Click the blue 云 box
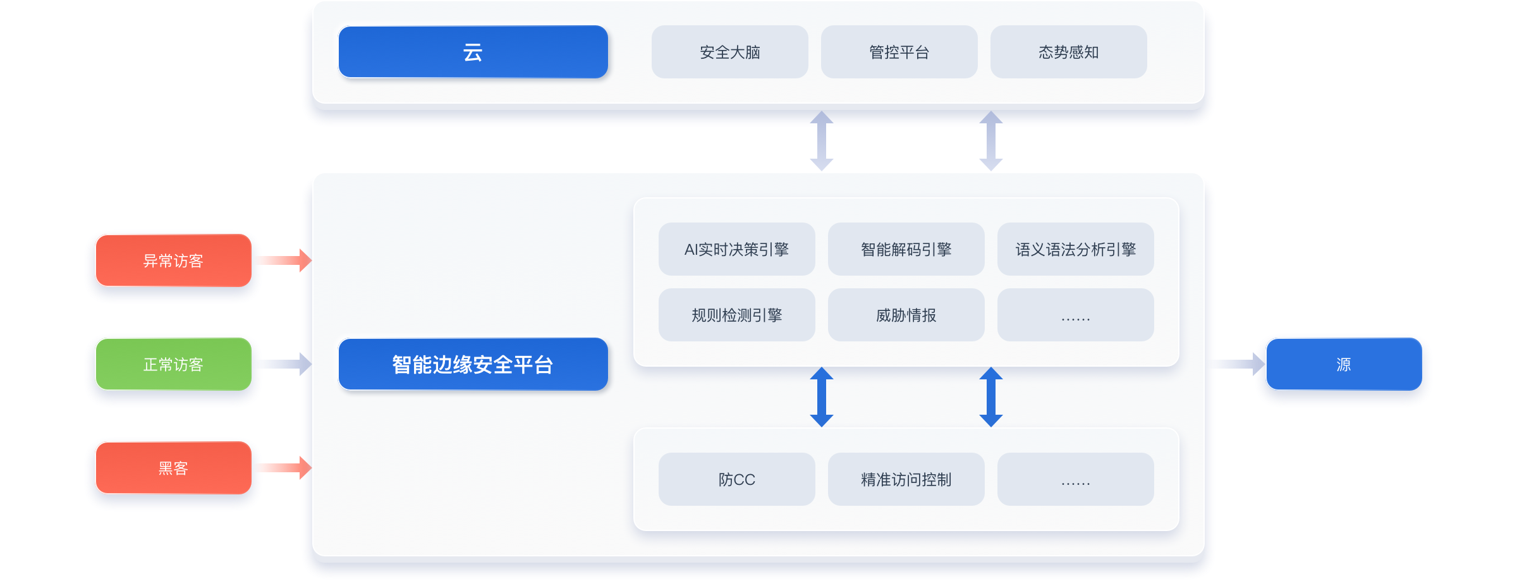[473, 52]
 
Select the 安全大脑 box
[729, 52]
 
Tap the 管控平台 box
[899, 52]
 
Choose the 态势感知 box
[1068, 52]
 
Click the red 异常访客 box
[173, 260]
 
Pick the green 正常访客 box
[173, 364]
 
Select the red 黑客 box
[173, 468]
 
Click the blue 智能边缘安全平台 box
[473, 364]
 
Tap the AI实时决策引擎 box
[736, 249]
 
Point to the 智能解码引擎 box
[906, 249]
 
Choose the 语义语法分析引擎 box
[1075, 249]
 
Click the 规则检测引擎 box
[736, 315]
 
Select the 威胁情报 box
[906, 315]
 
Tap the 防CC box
[736, 479]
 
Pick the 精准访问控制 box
[906, 479]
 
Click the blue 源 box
[1344, 364]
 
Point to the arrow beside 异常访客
[285, 260]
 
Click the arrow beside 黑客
[285, 467]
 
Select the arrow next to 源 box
[1238, 364]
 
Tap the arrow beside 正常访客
[285, 364]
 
